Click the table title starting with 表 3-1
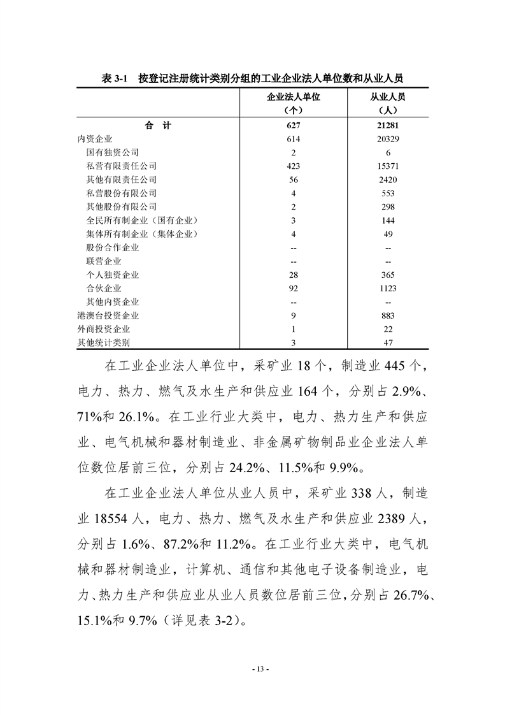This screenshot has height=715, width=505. point(252,78)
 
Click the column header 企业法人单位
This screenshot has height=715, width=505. point(292,97)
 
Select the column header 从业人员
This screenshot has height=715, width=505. point(388,97)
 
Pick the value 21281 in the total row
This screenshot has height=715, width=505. point(388,126)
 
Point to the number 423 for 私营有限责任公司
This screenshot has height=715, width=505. point(293,166)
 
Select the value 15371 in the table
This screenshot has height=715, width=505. point(388,166)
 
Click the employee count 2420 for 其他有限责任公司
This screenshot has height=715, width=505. point(388,180)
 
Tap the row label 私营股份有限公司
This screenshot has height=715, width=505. point(121,193)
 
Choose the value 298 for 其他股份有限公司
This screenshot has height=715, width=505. point(388,206)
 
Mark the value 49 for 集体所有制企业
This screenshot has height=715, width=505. point(388,234)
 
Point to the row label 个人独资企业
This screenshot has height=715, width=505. point(112,275)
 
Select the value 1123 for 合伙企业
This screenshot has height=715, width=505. point(388,288)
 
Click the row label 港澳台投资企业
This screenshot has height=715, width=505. point(108,315)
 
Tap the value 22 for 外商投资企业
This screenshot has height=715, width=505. point(388,329)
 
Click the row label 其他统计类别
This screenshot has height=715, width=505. point(103,343)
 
